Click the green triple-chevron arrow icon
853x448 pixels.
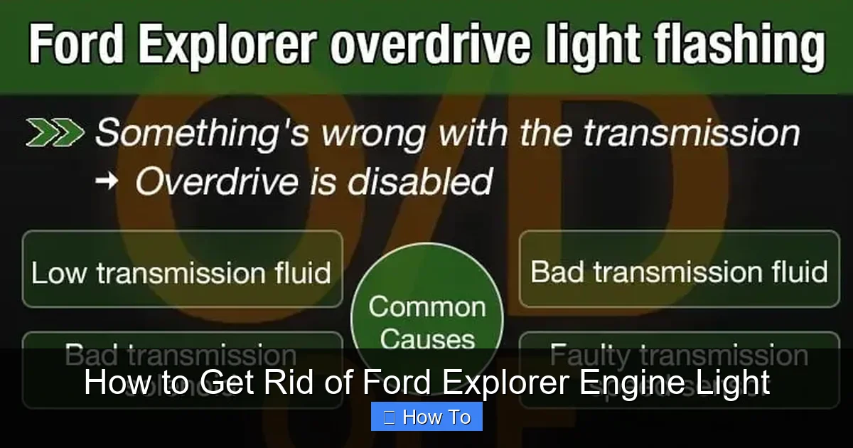click(x=55, y=133)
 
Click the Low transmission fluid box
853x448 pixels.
click(x=182, y=273)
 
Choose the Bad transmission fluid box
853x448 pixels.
click(x=679, y=272)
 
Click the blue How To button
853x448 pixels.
click(x=426, y=417)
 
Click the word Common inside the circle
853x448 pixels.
click(x=426, y=306)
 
